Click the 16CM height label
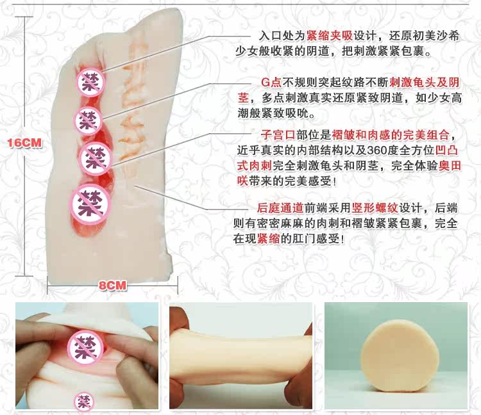[24, 143]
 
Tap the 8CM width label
[113, 286]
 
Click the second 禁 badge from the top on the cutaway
[89, 121]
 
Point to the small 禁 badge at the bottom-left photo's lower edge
[84, 402]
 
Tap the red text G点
[271, 82]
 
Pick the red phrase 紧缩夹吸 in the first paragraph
[330, 36]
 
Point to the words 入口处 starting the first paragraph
[276, 36]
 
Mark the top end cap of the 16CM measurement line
[24, 17]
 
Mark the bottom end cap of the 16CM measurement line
[24, 275]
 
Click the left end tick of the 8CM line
[47, 286]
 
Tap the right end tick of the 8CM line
[178, 286]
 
